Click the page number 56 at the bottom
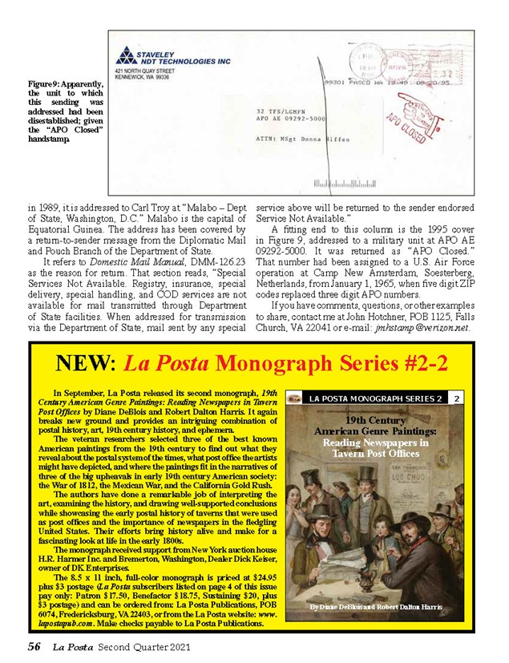tap(34, 646)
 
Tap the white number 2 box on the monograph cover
tap(455, 398)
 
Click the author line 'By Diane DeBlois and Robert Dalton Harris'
tap(375, 607)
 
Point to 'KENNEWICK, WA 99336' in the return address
tap(143, 79)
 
